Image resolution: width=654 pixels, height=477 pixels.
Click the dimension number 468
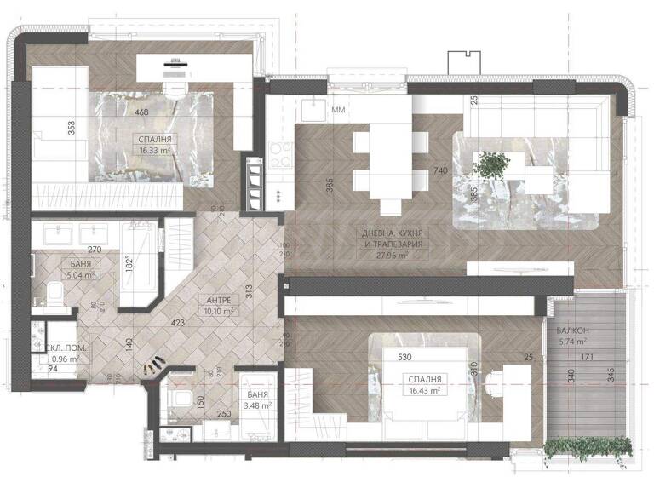(141, 112)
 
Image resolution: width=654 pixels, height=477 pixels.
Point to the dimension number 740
(440, 171)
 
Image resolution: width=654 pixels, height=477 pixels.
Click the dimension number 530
(404, 359)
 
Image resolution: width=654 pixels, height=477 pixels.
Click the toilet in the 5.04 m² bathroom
(52, 294)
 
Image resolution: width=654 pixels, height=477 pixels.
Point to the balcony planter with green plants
(588, 448)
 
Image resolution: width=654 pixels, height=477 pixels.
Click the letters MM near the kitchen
(339, 111)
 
